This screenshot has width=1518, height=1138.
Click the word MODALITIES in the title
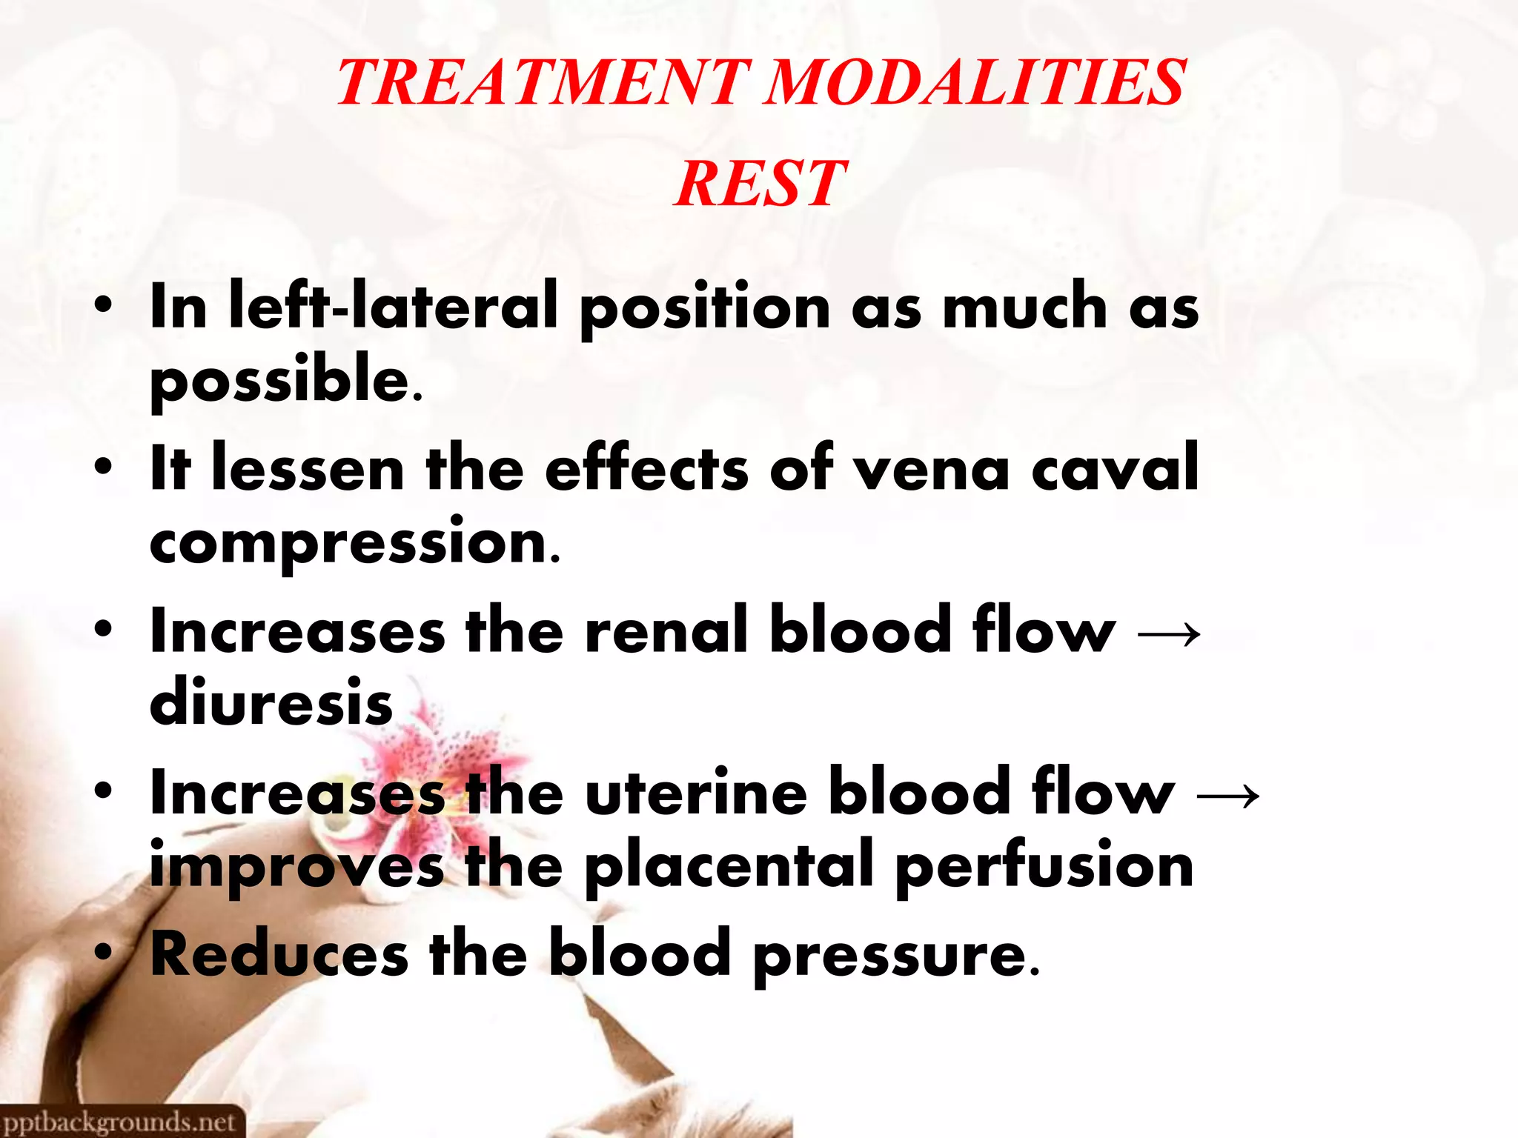974,83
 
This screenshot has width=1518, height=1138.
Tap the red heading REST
760,184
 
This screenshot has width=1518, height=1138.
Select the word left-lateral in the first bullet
393,307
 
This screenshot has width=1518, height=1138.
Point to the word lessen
308,468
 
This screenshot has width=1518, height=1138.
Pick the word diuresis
271,702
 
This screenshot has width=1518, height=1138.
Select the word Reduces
279,954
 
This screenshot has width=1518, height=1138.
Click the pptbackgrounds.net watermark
120,1122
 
